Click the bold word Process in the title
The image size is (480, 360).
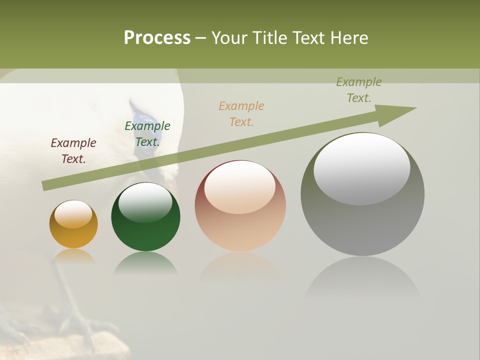point(157,38)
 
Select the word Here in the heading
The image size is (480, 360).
point(348,38)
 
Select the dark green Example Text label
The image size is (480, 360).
point(147,134)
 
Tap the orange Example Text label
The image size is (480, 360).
point(241,114)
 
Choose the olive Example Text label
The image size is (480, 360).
point(359,90)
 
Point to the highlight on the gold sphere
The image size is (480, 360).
point(73,214)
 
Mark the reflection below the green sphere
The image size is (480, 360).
point(145,262)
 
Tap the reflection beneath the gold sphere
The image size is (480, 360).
point(73,256)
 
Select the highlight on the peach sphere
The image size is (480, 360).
point(239,187)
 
